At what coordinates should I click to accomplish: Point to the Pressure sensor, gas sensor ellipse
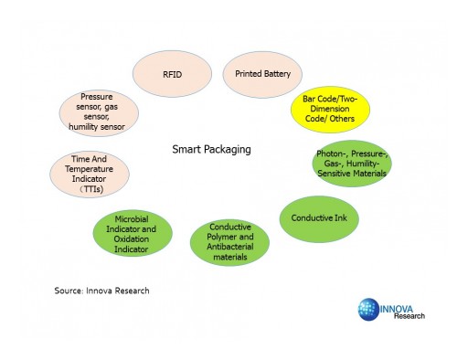(102, 111)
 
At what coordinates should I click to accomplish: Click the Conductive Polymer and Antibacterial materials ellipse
(230, 241)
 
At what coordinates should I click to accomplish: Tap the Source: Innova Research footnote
(101, 290)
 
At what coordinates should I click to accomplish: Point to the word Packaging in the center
(229, 148)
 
